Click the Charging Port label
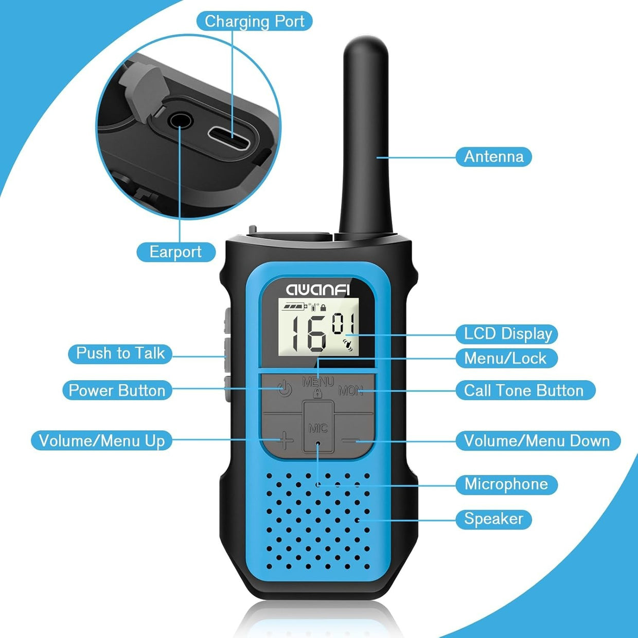click(254, 22)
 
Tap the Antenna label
click(493, 156)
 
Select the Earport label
click(176, 252)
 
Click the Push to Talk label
click(120, 353)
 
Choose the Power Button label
click(117, 391)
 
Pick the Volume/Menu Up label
click(102, 440)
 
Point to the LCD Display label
click(507, 334)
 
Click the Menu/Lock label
click(507, 359)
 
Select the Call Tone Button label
click(525, 391)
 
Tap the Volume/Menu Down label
click(538, 440)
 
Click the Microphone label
click(507, 484)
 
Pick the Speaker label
click(493, 519)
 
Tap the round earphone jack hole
click(180, 120)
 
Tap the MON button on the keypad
click(351, 391)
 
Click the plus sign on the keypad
click(285, 440)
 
